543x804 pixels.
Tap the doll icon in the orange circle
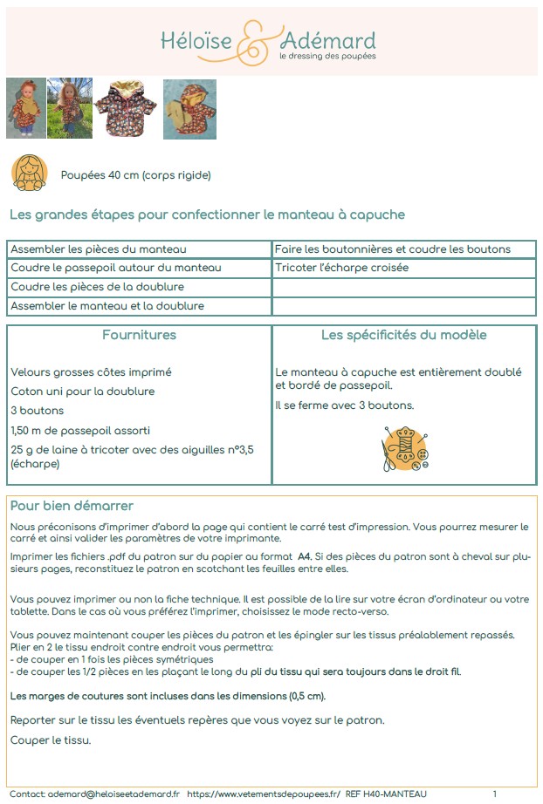coord(29,173)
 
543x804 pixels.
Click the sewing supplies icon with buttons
coord(403,449)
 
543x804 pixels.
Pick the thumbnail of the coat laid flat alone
coord(127,109)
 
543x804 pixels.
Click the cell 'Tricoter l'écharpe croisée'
coord(341,268)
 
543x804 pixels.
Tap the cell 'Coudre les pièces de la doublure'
coord(97,287)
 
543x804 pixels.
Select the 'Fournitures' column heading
coord(139,335)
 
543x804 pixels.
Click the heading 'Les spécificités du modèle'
coord(403,335)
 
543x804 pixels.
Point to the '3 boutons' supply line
coord(37,411)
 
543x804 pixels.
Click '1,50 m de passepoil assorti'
coord(80,430)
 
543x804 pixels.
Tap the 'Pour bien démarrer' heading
coord(72,506)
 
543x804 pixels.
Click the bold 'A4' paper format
coord(304,555)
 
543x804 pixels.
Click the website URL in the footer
coord(264,794)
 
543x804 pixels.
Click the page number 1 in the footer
coord(494,794)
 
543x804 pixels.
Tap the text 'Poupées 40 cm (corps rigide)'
coord(135,175)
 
